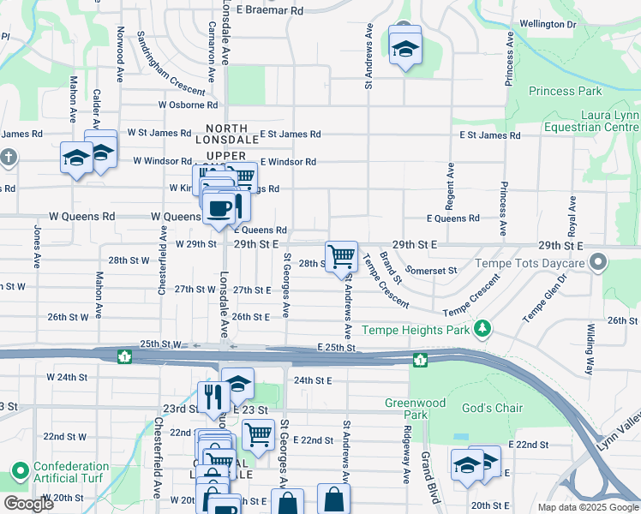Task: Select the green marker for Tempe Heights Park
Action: (484, 329)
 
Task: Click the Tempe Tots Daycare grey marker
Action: (599, 262)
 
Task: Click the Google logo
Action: (27, 504)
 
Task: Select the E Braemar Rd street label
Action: (270, 11)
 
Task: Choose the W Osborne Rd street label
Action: (188, 105)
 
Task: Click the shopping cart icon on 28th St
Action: (342, 255)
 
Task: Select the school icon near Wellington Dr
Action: (405, 48)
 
